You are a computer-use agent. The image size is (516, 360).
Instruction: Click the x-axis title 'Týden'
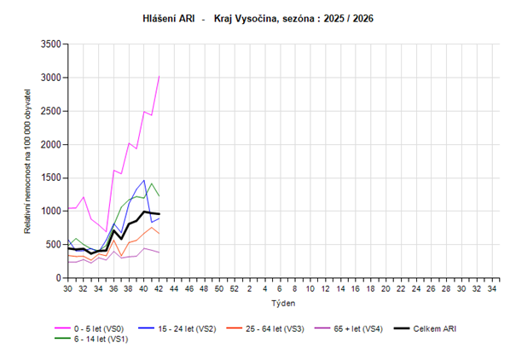tap(282, 304)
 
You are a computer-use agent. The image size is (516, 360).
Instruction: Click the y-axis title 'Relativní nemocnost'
tap(28, 160)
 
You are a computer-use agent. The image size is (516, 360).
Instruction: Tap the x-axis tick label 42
tap(160, 290)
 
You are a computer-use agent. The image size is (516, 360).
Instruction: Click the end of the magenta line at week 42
tap(159, 76)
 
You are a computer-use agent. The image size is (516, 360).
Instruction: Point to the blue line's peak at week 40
tap(145, 180)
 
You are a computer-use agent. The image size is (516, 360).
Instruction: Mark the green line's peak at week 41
tap(152, 183)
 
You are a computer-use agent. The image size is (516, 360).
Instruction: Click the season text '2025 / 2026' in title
tap(350, 17)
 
